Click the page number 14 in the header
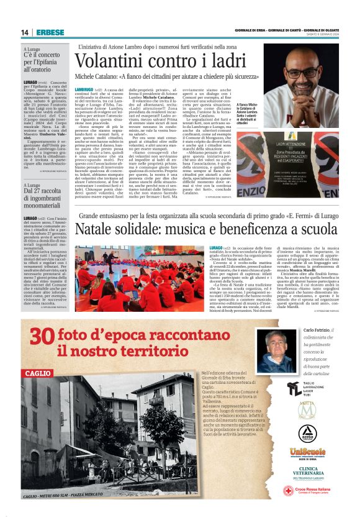tap(25, 32)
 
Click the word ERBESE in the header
tap(47, 32)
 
